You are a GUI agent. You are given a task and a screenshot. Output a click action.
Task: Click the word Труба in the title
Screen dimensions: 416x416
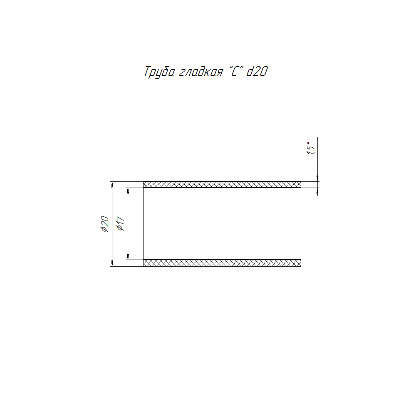[159, 72]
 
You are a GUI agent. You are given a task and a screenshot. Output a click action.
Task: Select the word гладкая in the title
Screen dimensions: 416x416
[201, 72]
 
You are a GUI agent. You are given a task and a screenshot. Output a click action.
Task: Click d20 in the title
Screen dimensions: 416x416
[257, 72]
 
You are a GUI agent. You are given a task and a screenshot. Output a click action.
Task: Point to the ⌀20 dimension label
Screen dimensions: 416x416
[105, 224]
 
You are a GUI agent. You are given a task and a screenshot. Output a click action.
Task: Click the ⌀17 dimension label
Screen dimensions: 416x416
[121, 224]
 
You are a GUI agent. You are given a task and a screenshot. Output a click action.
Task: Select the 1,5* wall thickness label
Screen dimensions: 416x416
[311, 148]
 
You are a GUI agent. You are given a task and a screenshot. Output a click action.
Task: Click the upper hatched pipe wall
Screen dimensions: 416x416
[222, 184]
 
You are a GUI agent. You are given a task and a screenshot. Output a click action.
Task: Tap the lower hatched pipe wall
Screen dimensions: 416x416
[222, 263]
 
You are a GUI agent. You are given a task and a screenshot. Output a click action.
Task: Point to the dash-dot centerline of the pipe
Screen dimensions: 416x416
[222, 224]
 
